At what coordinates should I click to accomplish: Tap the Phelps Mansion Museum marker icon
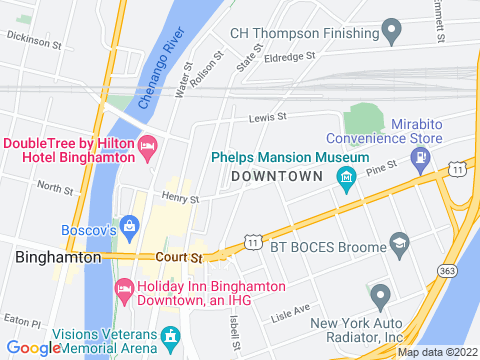(x=347, y=180)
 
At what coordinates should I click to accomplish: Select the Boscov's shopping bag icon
(x=129, y=225)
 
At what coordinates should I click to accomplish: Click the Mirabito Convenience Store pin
(x=422, y=157)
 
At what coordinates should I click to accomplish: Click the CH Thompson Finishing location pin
(x=392, y=30)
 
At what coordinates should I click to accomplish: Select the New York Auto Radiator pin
(x=380, y=296)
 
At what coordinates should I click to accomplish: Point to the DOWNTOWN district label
(x=277, y=176)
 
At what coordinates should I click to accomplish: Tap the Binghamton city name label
(x=59, y=257)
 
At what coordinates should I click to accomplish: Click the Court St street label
(x=179, y=258)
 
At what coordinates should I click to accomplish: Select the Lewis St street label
(x=268, y=117)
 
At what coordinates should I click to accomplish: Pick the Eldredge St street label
(x=290, y=58)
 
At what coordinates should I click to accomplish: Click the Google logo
(x=34, y=347)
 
